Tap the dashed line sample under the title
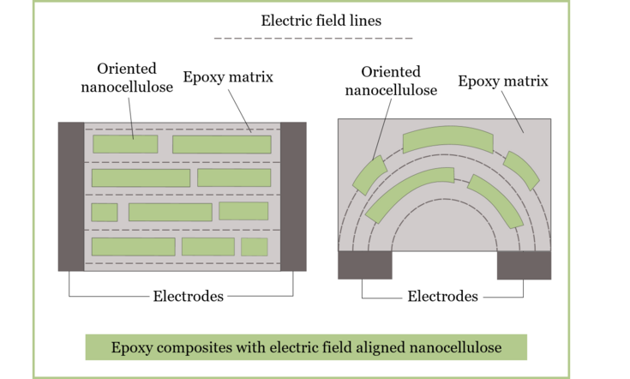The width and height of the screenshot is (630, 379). pos(314,39)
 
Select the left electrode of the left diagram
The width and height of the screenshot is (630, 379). pos(71,196)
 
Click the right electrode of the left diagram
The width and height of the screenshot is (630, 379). pos(293,196)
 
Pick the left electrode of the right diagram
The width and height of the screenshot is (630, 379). pos(365,265)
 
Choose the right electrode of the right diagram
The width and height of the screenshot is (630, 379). pos(524,265)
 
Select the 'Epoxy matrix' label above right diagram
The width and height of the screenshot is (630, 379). pos(503,81)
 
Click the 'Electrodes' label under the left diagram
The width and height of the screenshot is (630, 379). pos(188,297)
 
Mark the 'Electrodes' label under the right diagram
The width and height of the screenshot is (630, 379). pos(442,297)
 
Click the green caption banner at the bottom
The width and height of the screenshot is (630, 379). pos(306,348)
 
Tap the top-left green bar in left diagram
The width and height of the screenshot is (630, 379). pos(125,143)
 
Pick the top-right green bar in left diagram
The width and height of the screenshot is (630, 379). pos(222,144)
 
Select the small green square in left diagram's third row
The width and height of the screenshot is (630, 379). pos(105,212)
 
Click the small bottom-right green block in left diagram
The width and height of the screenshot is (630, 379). pos(255,247)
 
